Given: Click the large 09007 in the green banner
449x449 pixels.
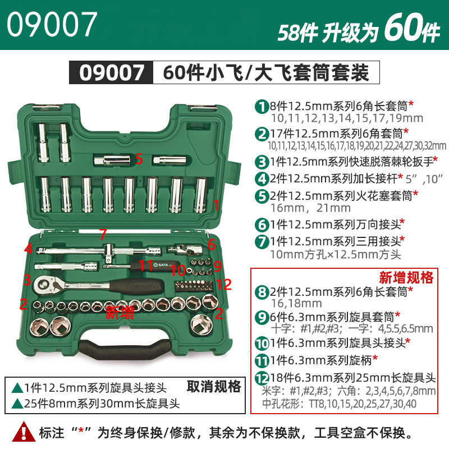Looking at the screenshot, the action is click(52, 24).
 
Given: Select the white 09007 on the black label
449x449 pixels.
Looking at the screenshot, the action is click(112, 72).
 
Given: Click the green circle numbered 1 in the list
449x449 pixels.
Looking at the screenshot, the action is click(262, 107).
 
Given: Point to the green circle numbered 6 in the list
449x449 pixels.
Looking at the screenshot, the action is click(262, 225).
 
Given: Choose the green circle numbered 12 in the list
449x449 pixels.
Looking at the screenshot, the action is click(262, 378).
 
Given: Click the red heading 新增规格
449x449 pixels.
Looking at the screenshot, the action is click(406, 277).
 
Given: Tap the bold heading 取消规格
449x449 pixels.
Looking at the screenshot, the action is click(214, 386).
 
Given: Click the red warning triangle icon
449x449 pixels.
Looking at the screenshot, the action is click(24, 431).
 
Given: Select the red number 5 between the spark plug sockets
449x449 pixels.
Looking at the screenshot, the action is click(139, 159).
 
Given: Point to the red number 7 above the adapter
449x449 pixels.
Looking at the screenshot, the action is click(103, 234).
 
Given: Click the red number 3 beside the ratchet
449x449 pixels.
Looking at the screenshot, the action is click(27, 280).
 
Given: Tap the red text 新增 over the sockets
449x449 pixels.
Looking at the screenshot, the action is click(120, 313).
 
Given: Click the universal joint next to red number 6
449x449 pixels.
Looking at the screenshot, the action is click(185, 249).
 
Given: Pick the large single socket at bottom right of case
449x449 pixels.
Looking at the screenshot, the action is click(202, 324).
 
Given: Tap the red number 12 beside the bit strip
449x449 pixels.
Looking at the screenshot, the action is click(223, 285).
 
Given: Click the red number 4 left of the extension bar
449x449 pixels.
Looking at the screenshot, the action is click(29, 249).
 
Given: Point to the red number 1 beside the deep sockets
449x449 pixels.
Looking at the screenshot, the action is click(216, 205).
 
